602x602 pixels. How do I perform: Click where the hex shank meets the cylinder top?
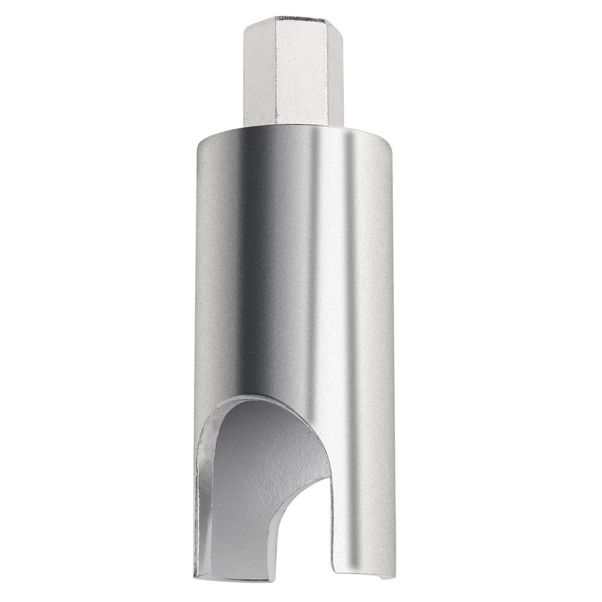pos(293,126)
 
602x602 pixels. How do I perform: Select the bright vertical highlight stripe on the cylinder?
pos(346,271)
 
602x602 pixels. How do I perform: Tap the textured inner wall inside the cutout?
pos(253,482)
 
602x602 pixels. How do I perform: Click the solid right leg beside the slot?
pos(361,512)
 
